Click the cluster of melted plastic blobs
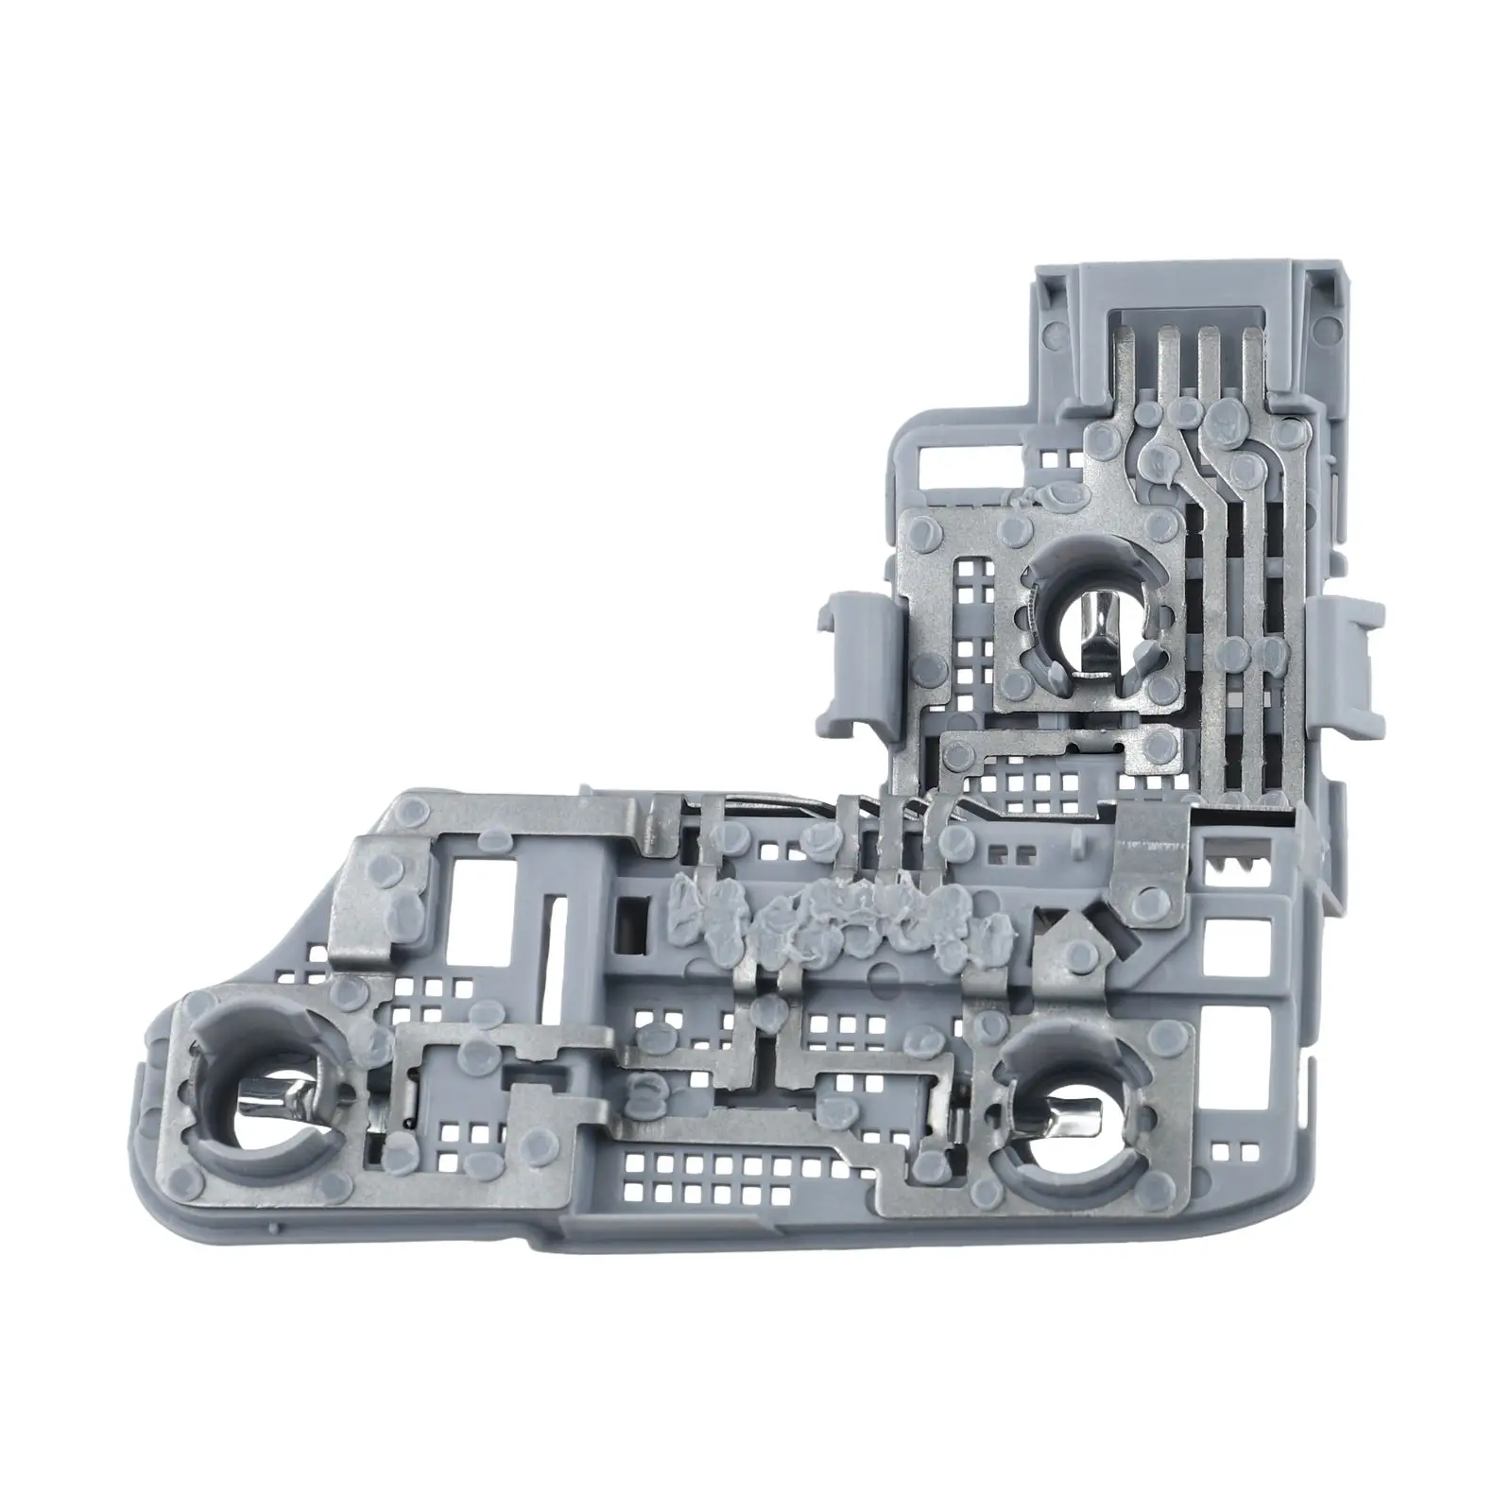point(832,912)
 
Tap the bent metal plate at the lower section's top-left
point(378,869)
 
